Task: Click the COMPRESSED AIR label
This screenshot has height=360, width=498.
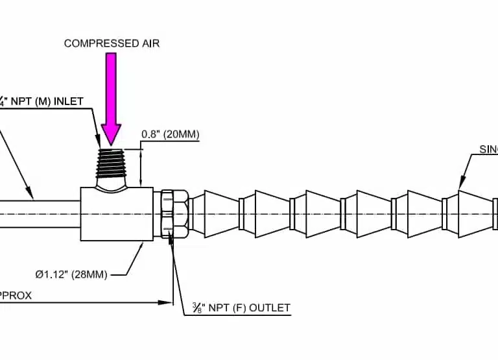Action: click(x=112, y=43)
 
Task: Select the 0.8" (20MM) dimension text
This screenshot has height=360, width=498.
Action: click(x=170, y=135)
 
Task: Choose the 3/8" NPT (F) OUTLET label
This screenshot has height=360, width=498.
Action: click(x=241, y=307)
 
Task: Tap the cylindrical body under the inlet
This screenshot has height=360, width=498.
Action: click(x=117, y=214)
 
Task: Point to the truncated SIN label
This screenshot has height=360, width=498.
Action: click(x=488, y=149)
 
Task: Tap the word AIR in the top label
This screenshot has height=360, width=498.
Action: click(x=150, y=43)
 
